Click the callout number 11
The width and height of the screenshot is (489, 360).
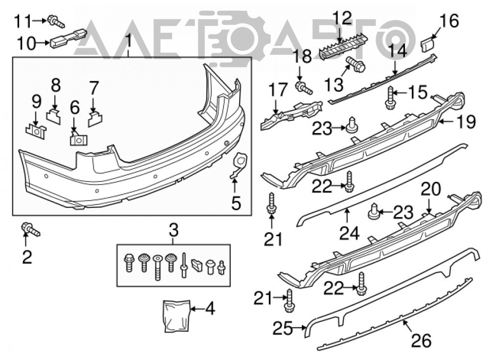(23, 22)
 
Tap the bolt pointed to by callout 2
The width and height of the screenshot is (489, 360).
(30, 229)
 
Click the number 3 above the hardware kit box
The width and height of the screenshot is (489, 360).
(174, 230)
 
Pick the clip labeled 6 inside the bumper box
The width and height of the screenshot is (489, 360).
(79, 139)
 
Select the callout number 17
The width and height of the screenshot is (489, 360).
(278, 90)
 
